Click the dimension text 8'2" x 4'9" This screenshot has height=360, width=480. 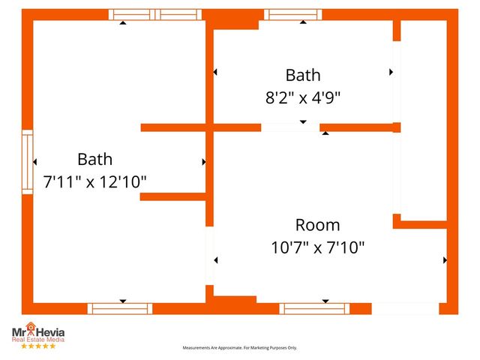[x=303, y=97]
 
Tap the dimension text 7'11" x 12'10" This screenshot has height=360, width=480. [x=95, y=181]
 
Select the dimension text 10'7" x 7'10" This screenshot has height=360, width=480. [x=318, y=247]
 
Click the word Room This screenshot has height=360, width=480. [x=317, y=224]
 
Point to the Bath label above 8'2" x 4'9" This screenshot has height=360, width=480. [x=303, y=75]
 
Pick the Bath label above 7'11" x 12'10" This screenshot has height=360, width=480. [x=95, y=159]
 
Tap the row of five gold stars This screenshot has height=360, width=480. [x=37, y=346]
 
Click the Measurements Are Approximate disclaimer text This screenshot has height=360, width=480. [x=240, y=348]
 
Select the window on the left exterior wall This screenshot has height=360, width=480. [x=27, y=162]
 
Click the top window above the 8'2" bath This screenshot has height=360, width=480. [x=292, y=14]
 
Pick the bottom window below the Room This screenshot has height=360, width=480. [x=314, y=308]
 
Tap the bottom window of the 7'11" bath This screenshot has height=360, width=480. [x=120, y=308]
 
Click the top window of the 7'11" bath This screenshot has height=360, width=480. [x=155, y=14]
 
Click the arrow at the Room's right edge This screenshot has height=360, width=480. [x=445, y=260]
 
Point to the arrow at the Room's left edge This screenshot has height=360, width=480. [x=216, y=260]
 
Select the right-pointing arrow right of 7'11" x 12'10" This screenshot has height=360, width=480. [x=203, y=161]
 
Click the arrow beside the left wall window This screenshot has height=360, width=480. [x=34, y=161]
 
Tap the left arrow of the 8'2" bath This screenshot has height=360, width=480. [x=215, y=72]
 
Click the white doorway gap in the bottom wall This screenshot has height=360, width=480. [x=405, y=308]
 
